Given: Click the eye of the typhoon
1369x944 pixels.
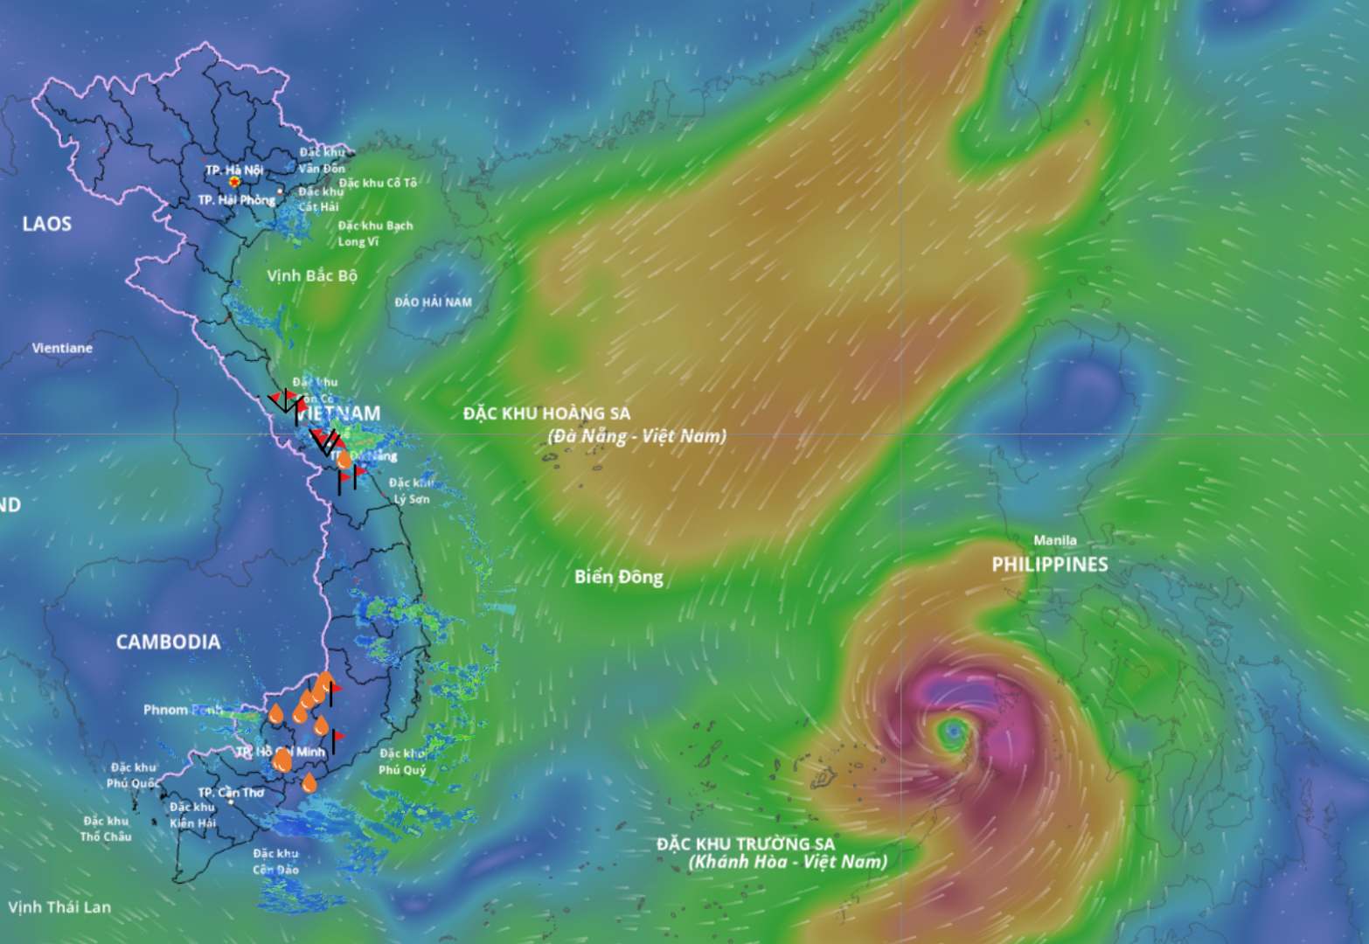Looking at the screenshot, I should click(952, 730).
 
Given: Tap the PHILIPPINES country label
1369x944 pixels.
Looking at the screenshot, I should click(1049, 565).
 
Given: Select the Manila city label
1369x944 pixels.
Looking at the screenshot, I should click(1054, 540).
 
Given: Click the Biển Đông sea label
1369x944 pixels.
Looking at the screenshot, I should click(618, 577).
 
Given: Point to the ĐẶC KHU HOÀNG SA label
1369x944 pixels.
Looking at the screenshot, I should click(546, 413).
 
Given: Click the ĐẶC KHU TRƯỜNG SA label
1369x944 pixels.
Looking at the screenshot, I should click(746, 843).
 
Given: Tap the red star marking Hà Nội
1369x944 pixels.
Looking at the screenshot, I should click(235, 181).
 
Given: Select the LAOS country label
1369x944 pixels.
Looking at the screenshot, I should click(47, 224).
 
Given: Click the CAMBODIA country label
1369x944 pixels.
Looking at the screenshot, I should click(168, 642).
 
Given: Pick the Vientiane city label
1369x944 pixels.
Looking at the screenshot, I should click(62, 348).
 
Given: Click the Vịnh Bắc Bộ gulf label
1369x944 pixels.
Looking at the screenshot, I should click(312, 275).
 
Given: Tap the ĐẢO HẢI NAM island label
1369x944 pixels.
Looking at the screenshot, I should click(433, 302).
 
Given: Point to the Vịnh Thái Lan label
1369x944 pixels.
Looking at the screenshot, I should click(59, 906).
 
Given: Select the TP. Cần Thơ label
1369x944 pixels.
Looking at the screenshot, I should click(231, 793).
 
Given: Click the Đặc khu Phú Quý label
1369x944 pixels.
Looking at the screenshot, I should click(402, 761).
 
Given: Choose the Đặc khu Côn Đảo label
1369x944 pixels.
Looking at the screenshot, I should click(275, 861).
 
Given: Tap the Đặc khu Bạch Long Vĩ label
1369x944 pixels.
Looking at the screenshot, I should click(375, 233).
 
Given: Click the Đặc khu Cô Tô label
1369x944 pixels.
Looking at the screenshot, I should click(378, 183).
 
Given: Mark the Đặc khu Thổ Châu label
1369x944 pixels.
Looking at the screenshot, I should click(106, 829).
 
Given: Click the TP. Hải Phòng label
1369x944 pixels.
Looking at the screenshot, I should click(236, 200).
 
